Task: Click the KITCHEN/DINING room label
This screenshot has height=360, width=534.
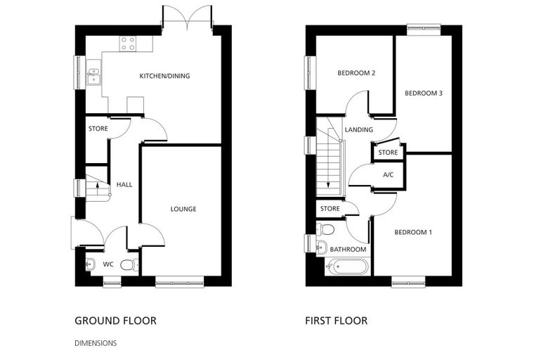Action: click(x=164, y=76)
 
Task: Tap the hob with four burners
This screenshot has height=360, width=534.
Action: click(x=128, y=44)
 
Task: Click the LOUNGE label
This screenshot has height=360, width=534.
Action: click(x=183, y=209)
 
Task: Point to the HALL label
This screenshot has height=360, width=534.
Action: click(x=124, y=184)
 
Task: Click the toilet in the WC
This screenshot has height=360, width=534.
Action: click(x=129, y=264)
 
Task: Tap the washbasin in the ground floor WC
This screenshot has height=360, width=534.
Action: click(x=89, y=264)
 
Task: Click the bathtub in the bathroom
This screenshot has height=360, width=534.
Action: click(x=346, y=266)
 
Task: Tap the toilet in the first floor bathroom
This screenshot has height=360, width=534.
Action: click(x=325, y=229)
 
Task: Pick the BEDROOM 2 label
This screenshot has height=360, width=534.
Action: click(x=356, y=73)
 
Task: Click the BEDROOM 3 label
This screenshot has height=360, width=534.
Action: click(x=423, y=93)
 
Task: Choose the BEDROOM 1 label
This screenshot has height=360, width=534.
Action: click(x=413, y=232)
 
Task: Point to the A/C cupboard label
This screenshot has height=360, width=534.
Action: click(x=389, y=175)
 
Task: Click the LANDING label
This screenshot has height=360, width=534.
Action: click(x=358, y=129)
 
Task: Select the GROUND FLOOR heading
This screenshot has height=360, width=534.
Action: click(x=115, y=321)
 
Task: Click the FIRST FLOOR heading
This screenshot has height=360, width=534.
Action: click(x=336, y=321)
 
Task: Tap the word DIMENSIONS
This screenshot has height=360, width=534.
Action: click(x=96, y=343)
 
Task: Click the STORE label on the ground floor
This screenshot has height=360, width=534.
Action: click(x=98, y=129)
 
